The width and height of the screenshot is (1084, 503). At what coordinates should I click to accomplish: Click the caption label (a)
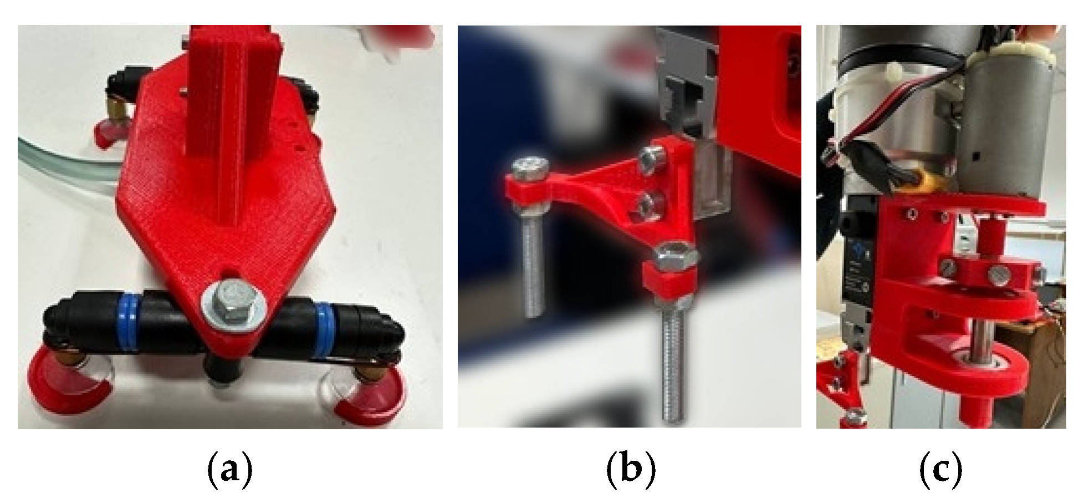click(229, 471)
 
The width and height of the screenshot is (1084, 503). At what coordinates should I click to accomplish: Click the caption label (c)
click(940, 471)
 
